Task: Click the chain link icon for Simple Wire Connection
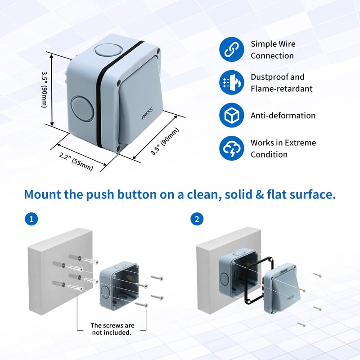pyautogui.click(x=231, y=50)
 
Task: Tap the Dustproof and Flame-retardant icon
pyautogui.click(x=231, y=83)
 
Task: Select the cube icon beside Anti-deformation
pyautogui.click(x=231, y=116)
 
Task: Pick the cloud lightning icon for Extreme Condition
pyautogui.click(x=231, y=148)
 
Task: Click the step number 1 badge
pyautogui.click(x=31, y=219)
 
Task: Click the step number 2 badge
pyautogui.click(x=197, y=219)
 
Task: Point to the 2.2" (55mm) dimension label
pyautogui.click(x=76, y=162)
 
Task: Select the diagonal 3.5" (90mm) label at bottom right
pyautogui.click(x=165, y=142)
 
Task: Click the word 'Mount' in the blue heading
pyautogui.click(x=45, y=195)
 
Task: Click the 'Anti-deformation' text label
pyautogui.click(x=283, y=116)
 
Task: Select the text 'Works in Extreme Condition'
pyautogui.click(x=283, y=148)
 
